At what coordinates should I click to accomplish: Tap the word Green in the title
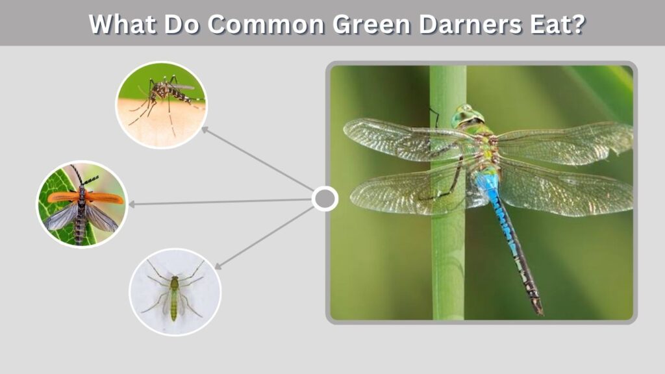(x=371, y=24)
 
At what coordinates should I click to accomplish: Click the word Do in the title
(x=182, y=24)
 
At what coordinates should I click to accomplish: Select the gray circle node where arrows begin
(x=325, y=199)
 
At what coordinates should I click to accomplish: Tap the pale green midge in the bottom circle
(x=174, y=293)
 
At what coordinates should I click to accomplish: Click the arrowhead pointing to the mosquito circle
(x=205, y=130)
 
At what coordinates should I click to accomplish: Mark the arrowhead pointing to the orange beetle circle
(x=132, y=205)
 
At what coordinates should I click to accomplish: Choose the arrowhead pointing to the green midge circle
(x=218, y=266)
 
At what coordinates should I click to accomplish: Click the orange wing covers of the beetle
(x=85, y=197)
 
